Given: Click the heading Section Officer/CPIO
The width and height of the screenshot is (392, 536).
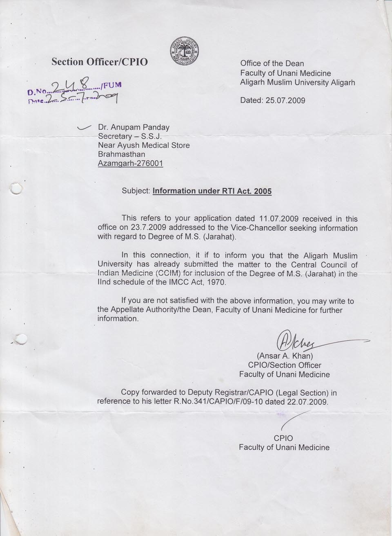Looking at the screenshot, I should tap(100, 62).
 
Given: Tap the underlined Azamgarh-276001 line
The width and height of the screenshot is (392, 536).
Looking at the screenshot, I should tap(131, 164).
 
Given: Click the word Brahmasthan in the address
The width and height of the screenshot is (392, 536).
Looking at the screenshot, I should tap(121, 154).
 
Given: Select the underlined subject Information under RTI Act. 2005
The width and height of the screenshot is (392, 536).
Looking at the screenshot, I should tap(212, 191).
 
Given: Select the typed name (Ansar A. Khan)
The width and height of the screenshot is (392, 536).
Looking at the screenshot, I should tap(285, 356).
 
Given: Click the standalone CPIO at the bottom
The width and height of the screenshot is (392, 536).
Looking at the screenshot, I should tap(283, 438).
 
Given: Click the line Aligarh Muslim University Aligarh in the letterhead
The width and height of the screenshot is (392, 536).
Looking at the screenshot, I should tap(298, 82).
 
